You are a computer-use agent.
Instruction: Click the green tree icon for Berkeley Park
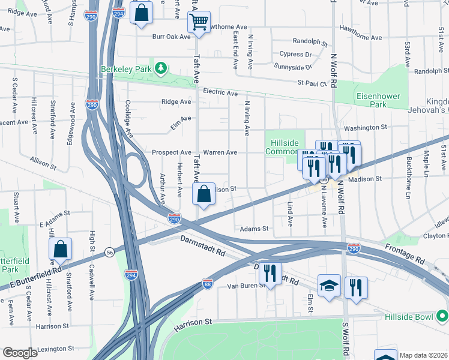(160, 68)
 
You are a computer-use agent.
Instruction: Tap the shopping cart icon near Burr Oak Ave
(199, 23)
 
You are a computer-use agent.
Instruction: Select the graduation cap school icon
(330, 286)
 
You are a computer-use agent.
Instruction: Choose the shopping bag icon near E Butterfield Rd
(61, 249)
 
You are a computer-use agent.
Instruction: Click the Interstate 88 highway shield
(208, 282)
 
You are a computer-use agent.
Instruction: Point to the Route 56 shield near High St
(109, 251)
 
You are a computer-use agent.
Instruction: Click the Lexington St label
(56, 348)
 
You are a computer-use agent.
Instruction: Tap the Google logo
(20, 353)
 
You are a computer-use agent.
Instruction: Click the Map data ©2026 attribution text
(423, 355)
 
